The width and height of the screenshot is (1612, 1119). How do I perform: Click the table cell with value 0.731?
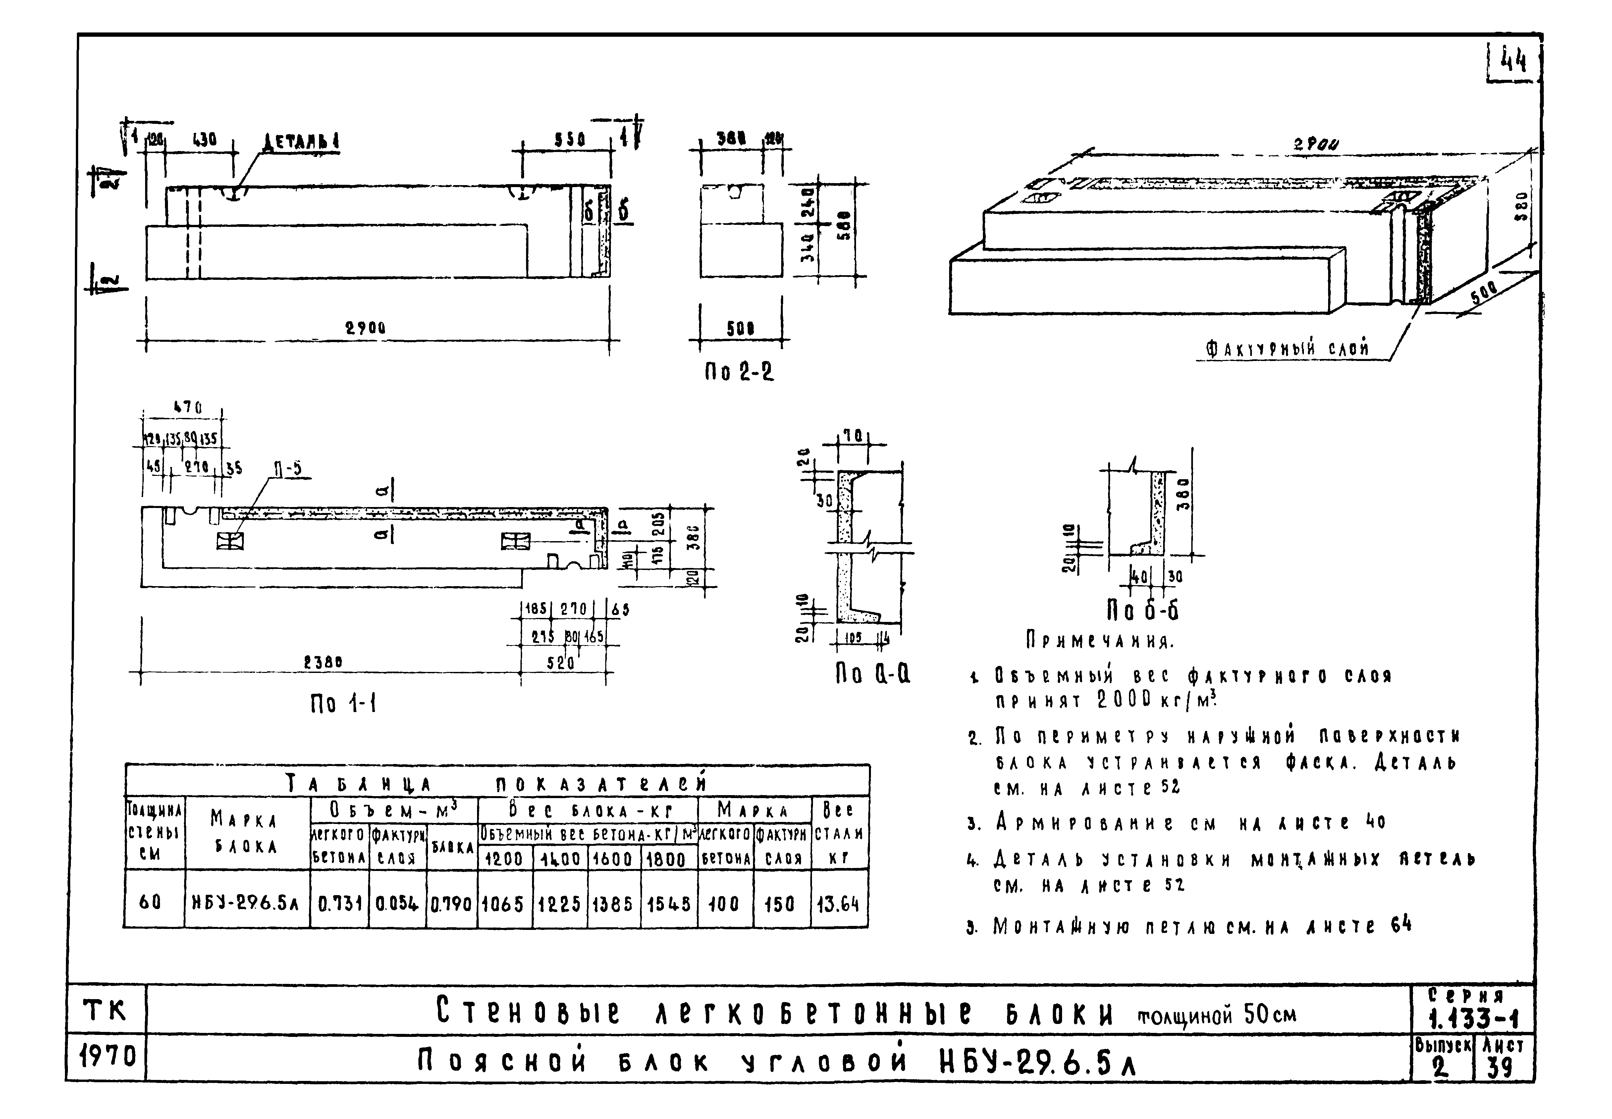339,904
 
